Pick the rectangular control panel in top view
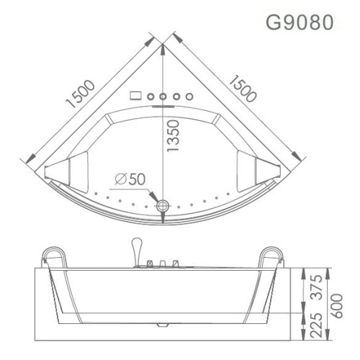click(x=135, y=94)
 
